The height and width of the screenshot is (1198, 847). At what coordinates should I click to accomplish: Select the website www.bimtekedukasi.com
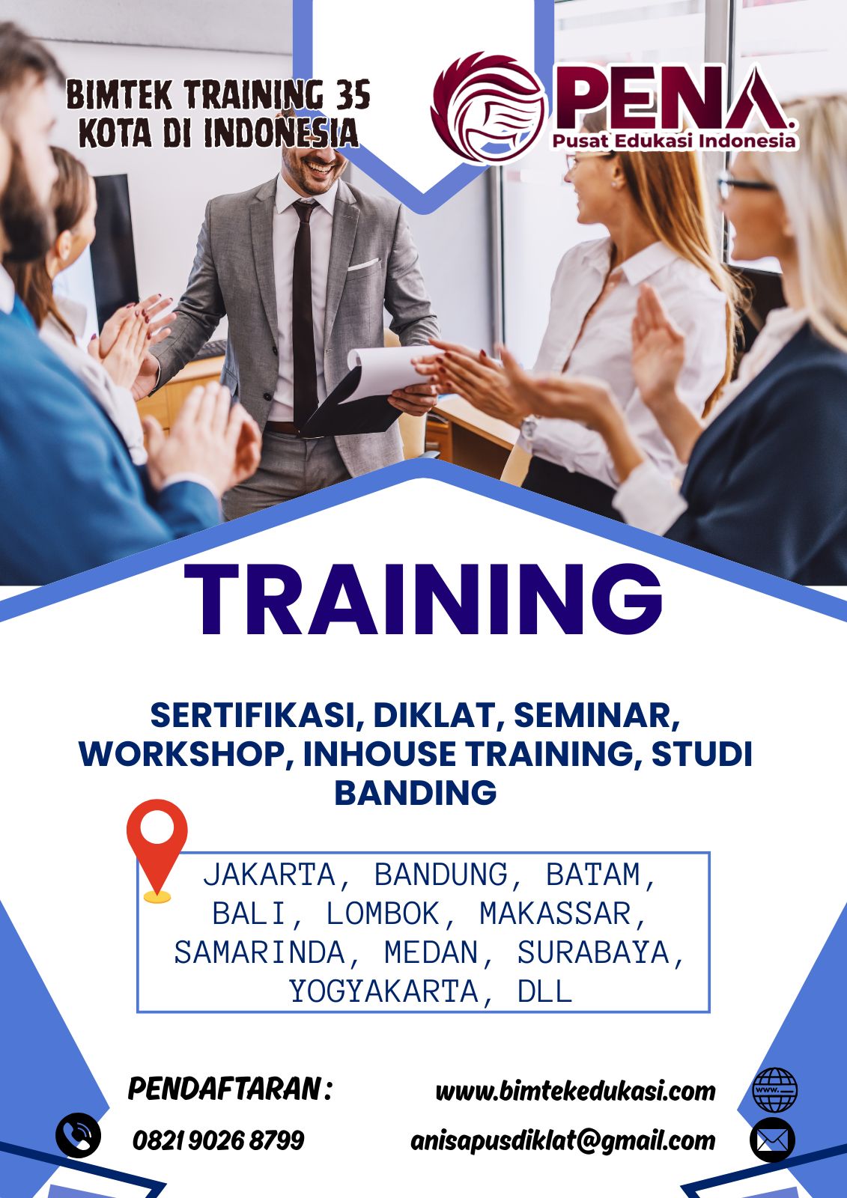(x=576, y=1091)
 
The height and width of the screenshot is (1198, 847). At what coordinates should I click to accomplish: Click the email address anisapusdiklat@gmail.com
(x=563, y=1141)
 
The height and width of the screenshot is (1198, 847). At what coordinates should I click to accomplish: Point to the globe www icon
(x=775, y=1090)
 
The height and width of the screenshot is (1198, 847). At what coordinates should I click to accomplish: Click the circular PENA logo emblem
(x=488, y=107)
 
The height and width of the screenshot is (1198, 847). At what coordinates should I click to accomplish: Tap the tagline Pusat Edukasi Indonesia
(x=674, y=142)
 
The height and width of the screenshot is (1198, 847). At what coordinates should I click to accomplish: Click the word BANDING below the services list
(x=416, y=792)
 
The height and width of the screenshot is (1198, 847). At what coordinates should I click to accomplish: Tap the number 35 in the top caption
(x=353, y=95)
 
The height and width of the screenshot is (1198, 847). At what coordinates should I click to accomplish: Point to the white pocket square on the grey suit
(x=363, y=264)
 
